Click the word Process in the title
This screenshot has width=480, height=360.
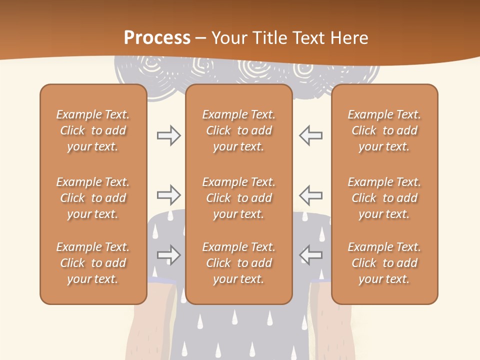click(157, 38)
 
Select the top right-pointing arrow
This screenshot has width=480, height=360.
click(169, 135)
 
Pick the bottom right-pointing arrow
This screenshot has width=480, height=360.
click(169, 254)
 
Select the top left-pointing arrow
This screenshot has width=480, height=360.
click(310, 135)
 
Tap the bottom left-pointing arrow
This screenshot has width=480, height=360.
click(310, 254)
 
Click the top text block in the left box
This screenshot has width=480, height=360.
click(93, 130)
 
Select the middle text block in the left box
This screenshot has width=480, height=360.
click(93, 198)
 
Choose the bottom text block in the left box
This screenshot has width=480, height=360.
click(93, 263)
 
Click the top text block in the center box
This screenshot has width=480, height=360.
click(239, 130)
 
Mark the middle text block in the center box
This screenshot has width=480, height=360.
click(239, 198)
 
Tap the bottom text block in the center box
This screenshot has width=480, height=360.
click(239, 263)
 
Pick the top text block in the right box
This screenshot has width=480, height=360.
click(384, 130)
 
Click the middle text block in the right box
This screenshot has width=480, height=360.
click(384, 198)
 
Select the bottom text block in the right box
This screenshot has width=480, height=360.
click(384, 263)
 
